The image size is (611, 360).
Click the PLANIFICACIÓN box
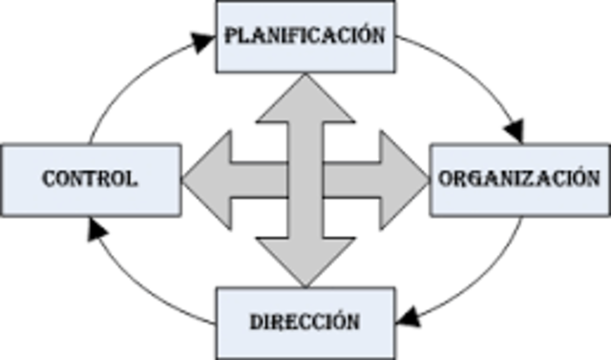[305, 36]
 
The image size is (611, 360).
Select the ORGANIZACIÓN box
[519, 179]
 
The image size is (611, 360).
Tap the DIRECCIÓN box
[305, 321]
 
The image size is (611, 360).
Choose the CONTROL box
[90, 179]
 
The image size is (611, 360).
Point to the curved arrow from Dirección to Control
[134, 286]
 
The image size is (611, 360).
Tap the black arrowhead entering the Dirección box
[408, 315]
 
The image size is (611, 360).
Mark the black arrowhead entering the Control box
[93, 226]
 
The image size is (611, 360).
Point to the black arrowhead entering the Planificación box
[201, 42]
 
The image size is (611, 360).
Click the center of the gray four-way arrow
[305, 179]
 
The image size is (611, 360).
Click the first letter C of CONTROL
[49, 179]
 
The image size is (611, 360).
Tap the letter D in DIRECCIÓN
[257, 321]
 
